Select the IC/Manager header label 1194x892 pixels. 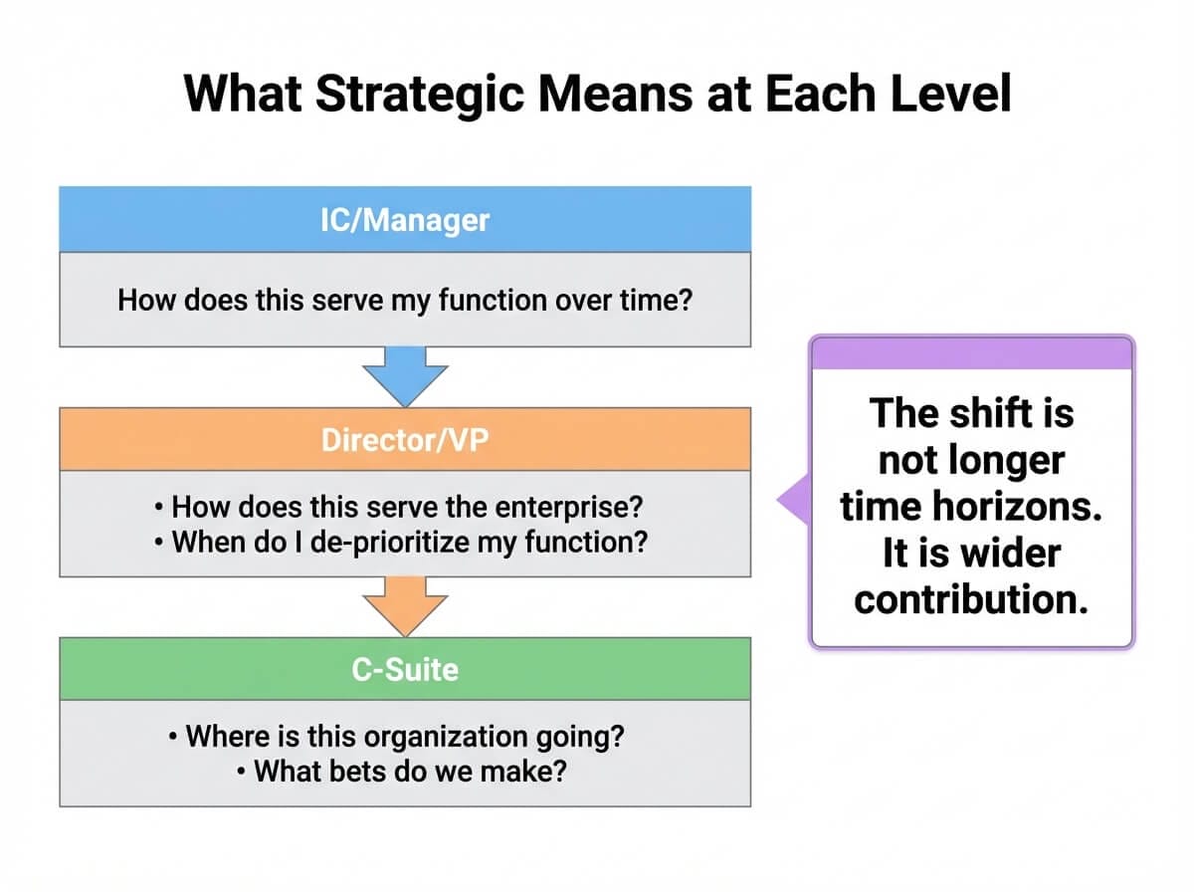pos(405,219)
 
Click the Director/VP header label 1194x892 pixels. pos(405,439)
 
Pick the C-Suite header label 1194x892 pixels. pos(405,669)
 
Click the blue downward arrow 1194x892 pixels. pos(405,376)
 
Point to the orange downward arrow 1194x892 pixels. pos(405,605)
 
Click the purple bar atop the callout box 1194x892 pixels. pos(971,352)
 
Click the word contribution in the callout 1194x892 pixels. pos(971,599)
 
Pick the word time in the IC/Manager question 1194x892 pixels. pos(641,300)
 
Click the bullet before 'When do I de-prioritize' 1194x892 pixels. pos(160,544)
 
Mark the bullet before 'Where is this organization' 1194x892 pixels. pos(174,737)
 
